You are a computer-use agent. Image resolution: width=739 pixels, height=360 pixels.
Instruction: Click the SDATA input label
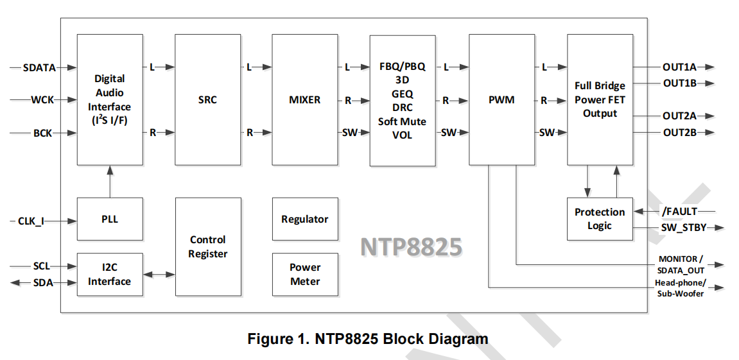pyautogui.click(x=39, y=67)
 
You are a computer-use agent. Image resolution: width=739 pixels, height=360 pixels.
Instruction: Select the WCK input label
pyautogui.click(x=42, y=100)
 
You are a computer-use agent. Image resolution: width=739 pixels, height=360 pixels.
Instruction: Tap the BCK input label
pyautogui.click(x=42, y=133)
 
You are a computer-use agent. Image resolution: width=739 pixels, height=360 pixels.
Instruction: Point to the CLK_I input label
pyautogui.click(x=31, y=222)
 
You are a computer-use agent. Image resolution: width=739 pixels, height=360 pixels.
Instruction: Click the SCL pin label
pyautogui.click(x=41, y=266)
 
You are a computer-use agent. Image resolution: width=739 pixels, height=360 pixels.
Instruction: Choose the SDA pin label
pyautogui.click(x=43, y=282)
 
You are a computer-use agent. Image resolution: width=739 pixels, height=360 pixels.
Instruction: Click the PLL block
pyautogui.click(x=109, y=219)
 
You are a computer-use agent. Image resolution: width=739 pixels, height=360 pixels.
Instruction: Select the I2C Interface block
pyautogui.click(x=109, y=275)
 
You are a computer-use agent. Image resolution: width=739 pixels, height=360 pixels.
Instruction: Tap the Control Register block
pyautogui.click(x=207, y=246)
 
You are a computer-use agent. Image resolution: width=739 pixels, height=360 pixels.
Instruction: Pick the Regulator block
pyautogui.click(x=304, y=219)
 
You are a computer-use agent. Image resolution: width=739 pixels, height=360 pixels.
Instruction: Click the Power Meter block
pyautogui.click(x=304, y=274)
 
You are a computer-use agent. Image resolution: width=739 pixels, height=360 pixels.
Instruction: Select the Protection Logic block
pyautogui.click(x=599, y=219)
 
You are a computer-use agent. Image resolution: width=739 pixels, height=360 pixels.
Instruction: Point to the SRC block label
pyautogui.click(x=207, y=100)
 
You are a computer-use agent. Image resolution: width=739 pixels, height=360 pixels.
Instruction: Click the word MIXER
pyautogui.click(x=304, y=100)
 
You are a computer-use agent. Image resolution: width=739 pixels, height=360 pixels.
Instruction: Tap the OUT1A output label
pyautogui.click(x=680, y=67)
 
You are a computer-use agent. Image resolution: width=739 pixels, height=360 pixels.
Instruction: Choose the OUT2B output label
pyautogui.click(x=680, y=133)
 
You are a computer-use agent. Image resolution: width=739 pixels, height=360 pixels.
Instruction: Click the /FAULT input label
pyautogui.click(x=679, y=211)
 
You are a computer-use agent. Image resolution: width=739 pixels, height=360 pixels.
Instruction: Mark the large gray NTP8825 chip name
pyautogui.click(x=410, y=247)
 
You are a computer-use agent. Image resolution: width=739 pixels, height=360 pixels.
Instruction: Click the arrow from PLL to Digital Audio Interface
pyautogui.click(x=110, y=182)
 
